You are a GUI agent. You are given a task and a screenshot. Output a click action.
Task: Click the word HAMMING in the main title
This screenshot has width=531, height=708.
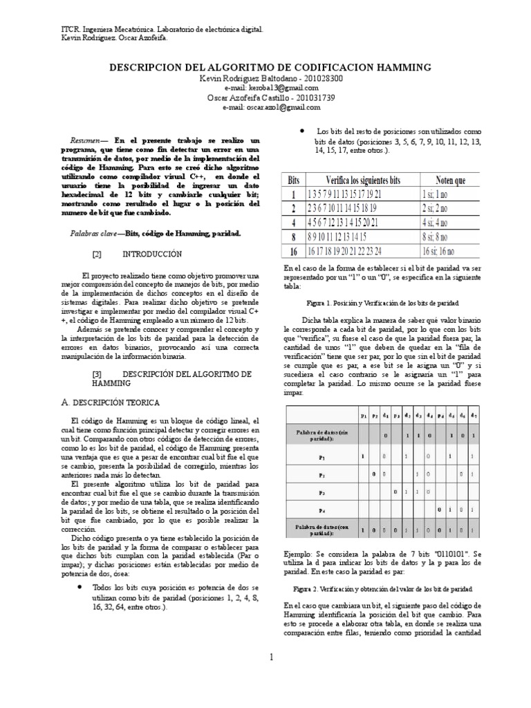[400, 67]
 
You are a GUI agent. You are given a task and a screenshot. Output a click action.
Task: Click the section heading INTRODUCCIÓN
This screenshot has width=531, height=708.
[152, 254]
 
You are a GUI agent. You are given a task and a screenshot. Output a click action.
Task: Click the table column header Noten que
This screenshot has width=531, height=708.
[451, 180]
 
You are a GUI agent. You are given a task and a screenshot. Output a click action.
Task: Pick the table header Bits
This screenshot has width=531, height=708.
[294, 180]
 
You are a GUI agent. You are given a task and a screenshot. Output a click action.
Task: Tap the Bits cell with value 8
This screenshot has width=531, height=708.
[294, 236]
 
